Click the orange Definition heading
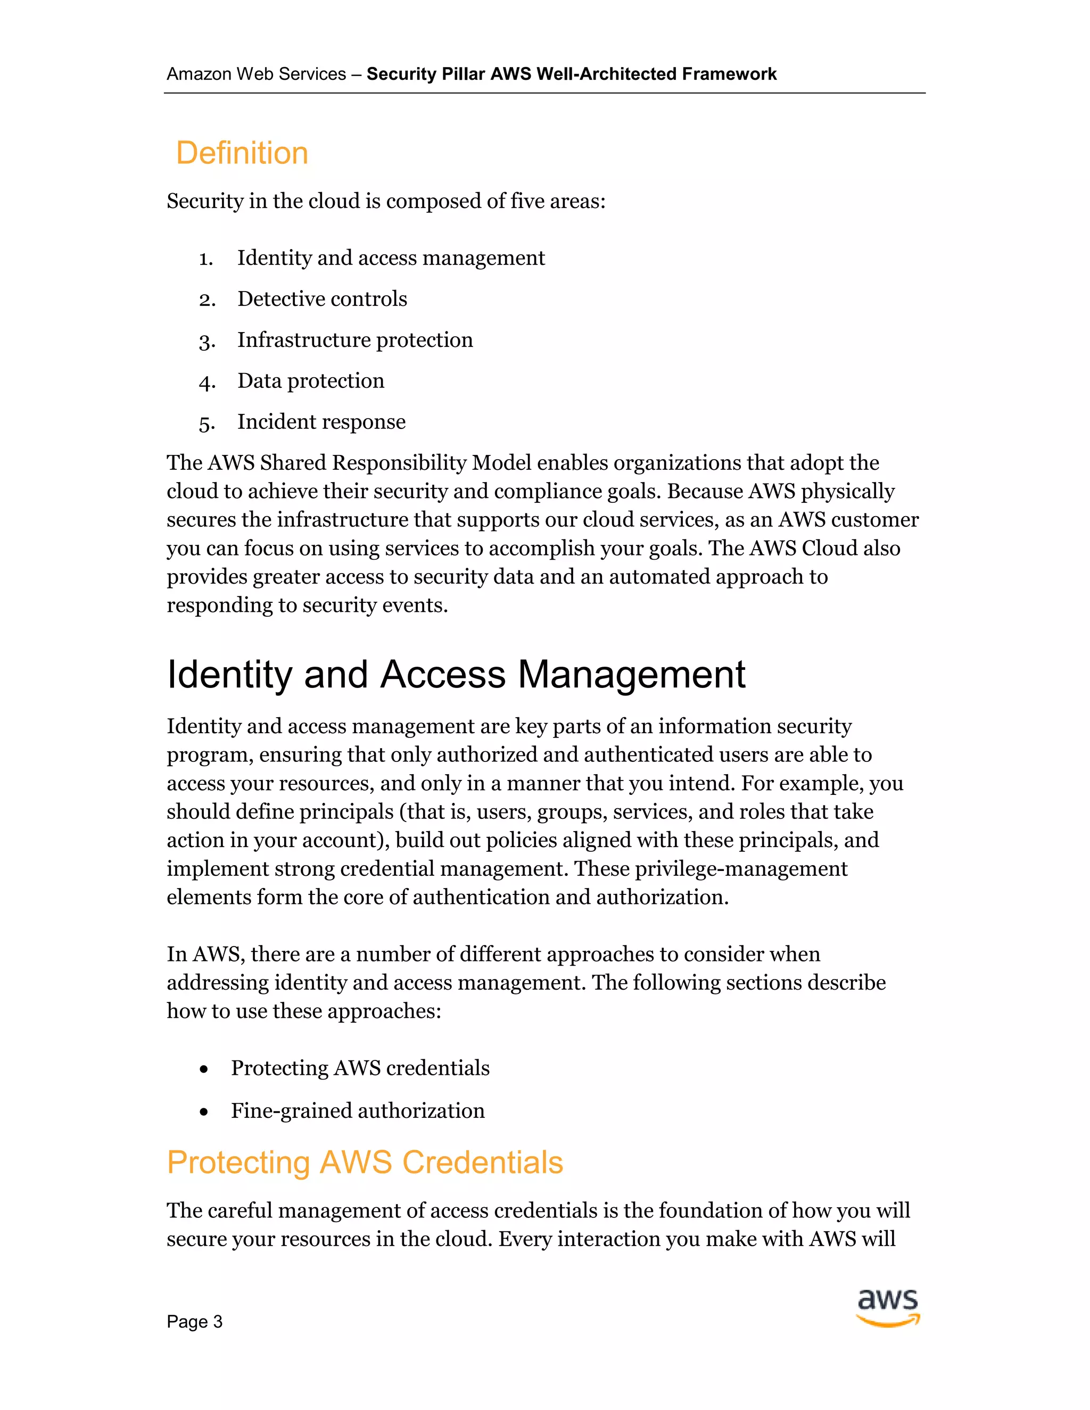[242, 154]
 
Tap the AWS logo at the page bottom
[888, 1308]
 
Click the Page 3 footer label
[194, 1322]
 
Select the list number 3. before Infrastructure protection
[207, 342]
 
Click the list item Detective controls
[322, 299]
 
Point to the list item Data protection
[311, 381]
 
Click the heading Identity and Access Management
[456, 675]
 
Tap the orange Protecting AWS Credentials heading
[365, 1162]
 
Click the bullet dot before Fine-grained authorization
[204, 1112]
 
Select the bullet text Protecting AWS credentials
[360, 1068]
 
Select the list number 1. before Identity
[206, 259]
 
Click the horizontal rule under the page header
[544, 94]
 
